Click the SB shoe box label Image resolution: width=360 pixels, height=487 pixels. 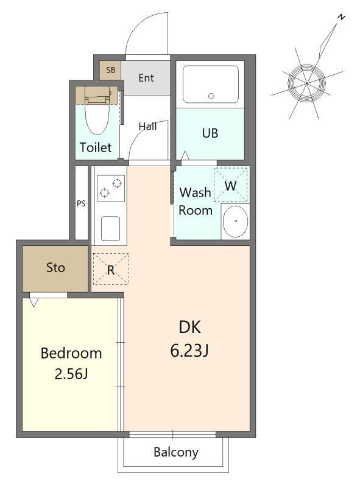pos(111,70)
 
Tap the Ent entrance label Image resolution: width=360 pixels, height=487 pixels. pos(146,78)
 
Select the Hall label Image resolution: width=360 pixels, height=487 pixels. pos(147,126)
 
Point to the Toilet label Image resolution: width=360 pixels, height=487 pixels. pos(96,147)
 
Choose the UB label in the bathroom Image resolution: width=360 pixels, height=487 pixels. pos(210,133)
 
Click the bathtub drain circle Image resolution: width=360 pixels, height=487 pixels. pos(211,96)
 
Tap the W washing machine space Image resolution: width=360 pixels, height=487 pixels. pos(231,186)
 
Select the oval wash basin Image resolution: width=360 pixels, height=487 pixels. pos(235,222)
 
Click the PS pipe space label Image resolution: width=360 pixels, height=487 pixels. pos(81,203)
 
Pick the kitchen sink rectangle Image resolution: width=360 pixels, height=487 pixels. pos(110,228)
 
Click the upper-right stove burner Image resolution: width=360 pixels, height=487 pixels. pos(117,184)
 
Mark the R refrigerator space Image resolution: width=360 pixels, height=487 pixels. pos(111,269)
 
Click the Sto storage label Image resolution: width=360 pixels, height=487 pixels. pos(55,267)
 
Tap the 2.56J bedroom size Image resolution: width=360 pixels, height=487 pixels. pos(71,374)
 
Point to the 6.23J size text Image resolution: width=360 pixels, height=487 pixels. pos(189,351)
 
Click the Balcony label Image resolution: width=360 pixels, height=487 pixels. pos(176,452)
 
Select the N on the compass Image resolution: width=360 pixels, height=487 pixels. pos(342,17)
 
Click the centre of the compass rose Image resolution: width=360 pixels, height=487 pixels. pos(306,83)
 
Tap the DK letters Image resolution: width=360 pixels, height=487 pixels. pos(190,327)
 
